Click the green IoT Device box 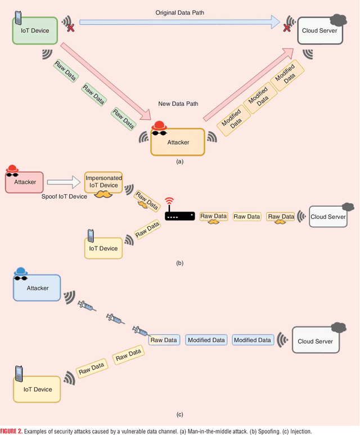(35, 31)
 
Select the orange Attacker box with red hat (178, 142)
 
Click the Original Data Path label (179, 12)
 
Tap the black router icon (179, 216)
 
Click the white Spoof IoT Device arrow (63, 182)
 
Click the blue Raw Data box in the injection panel (164, 340)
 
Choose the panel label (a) (179, 161)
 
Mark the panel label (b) (179, 263)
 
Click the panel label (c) (179, 415)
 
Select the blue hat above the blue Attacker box (20, 271)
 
